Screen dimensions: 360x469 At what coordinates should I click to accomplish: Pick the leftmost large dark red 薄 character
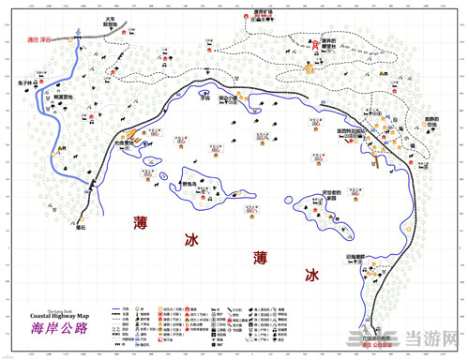tap(142, 223)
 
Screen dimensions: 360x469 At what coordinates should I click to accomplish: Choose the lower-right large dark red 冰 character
tap(310, 277)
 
